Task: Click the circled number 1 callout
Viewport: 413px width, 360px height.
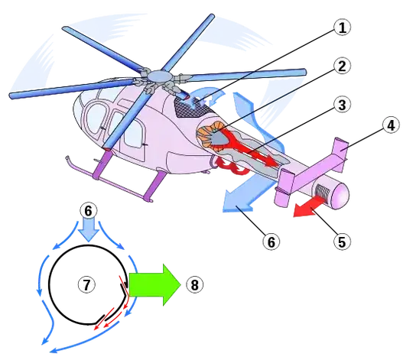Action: coord(342,28)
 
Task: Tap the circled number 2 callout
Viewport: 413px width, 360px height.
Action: coord(342,66)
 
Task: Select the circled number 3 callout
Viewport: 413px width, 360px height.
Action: coord(342,105)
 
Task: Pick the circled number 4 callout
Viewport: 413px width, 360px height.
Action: coord(391,125)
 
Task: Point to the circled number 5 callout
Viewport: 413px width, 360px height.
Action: coord(342,241)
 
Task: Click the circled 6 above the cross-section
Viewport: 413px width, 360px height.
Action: coord(88,211)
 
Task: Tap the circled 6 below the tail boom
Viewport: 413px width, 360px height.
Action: coord(272,242)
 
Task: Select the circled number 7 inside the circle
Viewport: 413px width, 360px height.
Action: coord(87,284)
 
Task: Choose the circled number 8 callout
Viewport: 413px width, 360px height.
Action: coord(195,285)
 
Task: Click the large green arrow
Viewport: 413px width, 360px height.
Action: coord(154,285)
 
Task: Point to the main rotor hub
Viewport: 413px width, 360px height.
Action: coord(159,76)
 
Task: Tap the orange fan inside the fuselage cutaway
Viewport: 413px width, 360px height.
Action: coord(208,137)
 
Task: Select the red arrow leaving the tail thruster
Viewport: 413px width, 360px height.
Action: coord(309,207)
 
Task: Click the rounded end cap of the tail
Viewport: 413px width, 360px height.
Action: coord(340,195)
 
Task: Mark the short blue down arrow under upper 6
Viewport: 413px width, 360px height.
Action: coord(89,231)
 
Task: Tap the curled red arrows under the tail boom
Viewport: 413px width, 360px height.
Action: coord(232,165)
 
